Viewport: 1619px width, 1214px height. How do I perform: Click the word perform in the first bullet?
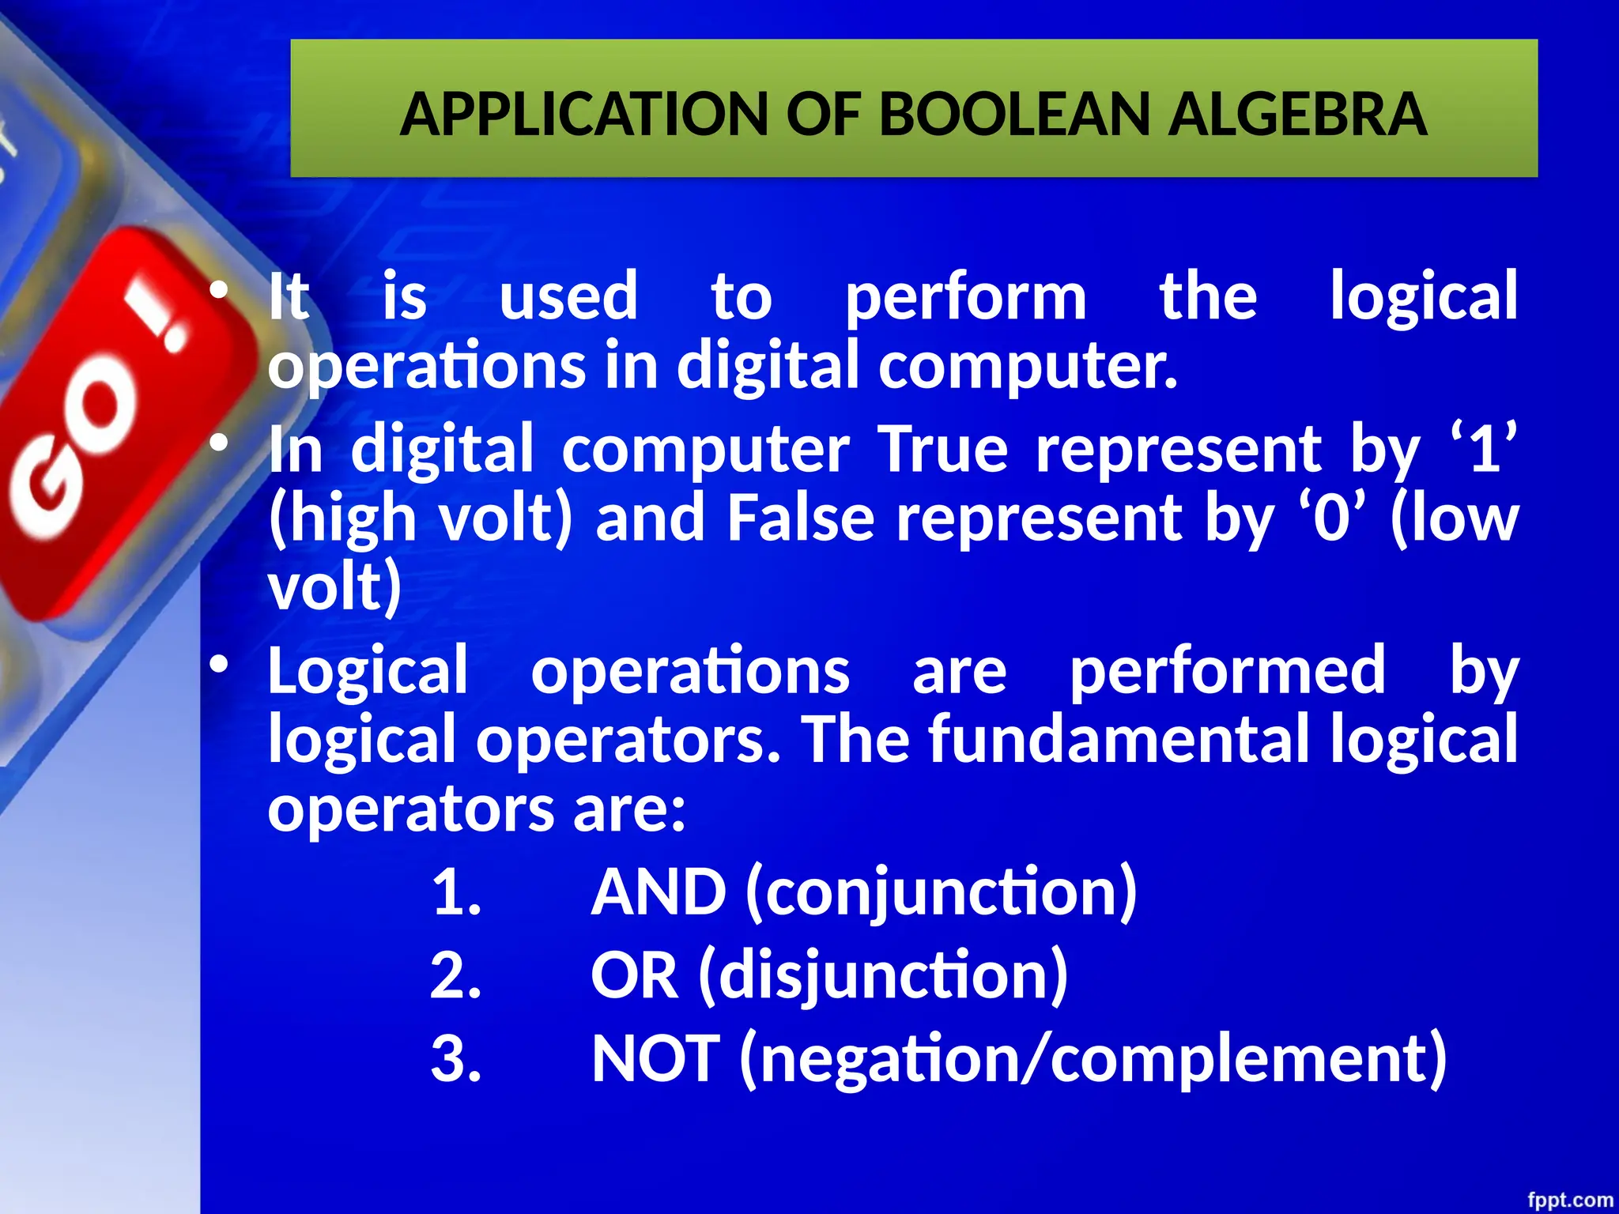coord(965,299)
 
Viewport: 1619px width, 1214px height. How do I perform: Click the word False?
coord(800,518)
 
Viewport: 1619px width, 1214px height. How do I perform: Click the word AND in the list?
coord(658,892)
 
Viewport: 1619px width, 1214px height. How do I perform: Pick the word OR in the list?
coord(634,975)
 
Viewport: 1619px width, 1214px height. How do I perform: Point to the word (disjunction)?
coord(883,976)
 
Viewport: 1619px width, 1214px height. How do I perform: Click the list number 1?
coord(457,893)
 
